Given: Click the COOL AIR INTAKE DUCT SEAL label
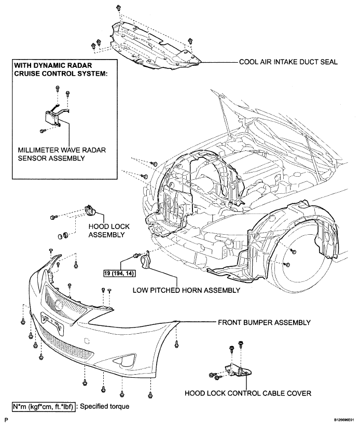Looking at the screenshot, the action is pos(288,62).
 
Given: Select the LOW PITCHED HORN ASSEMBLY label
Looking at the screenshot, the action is pos(186,290).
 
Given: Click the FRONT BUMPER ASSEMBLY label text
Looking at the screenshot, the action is pos(264,322).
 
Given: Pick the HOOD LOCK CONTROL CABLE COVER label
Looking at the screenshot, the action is pos(248,393).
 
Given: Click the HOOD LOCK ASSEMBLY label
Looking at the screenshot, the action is pos(109,231).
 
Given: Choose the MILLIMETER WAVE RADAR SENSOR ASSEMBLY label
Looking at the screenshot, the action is pos(62,154).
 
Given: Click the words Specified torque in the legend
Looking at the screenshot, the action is pos(105,407).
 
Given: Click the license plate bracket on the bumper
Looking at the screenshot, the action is pos(53,323).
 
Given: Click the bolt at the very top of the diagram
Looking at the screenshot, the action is pos(118,7).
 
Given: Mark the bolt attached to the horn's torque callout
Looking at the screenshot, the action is pos(135,255).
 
